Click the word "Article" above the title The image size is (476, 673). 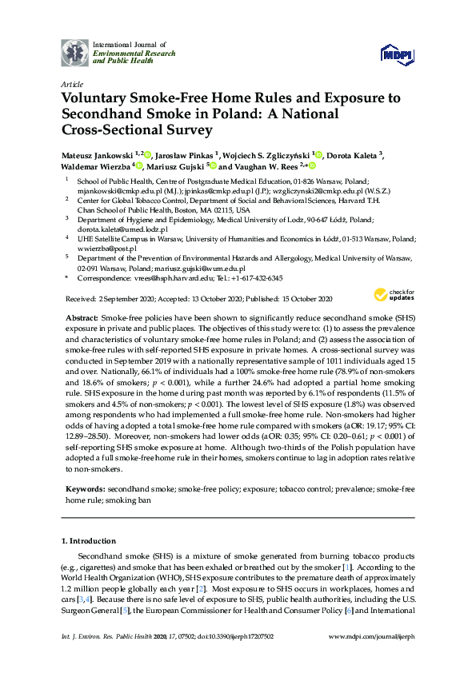[x=71, y=83]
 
